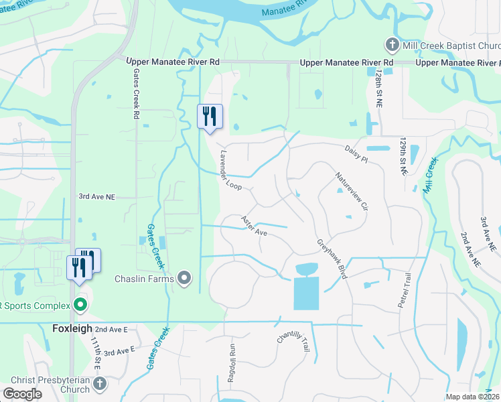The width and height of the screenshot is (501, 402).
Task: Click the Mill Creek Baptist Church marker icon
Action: pyautogui.click(x=392, y=46)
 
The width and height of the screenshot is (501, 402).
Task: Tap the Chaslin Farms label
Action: pyautogui.click(x=144, y=279)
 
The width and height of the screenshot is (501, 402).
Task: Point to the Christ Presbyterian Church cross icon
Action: pyautogui.click(x=99, y=384)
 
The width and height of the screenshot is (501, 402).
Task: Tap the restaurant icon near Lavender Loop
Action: pyautogui.click(x=210, y=117)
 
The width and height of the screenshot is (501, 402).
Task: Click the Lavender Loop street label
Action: pyautogui.click(x=230, y=169)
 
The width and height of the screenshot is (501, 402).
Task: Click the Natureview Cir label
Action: pyautogui.click(x=352, y=191)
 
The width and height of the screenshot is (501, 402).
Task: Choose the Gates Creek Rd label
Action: pyautogui.click(x=136, y=93)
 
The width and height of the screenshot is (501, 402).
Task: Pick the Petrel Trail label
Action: pyautogui.click(x=403, y=290)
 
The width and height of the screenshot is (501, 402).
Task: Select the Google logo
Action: pyautogui.click(x=22, y=394)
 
